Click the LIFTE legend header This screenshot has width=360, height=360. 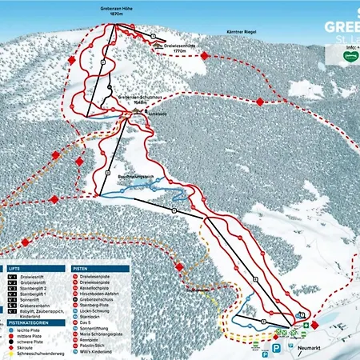[x=17, y=269]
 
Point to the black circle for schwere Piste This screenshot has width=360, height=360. [x=11, y=339]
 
